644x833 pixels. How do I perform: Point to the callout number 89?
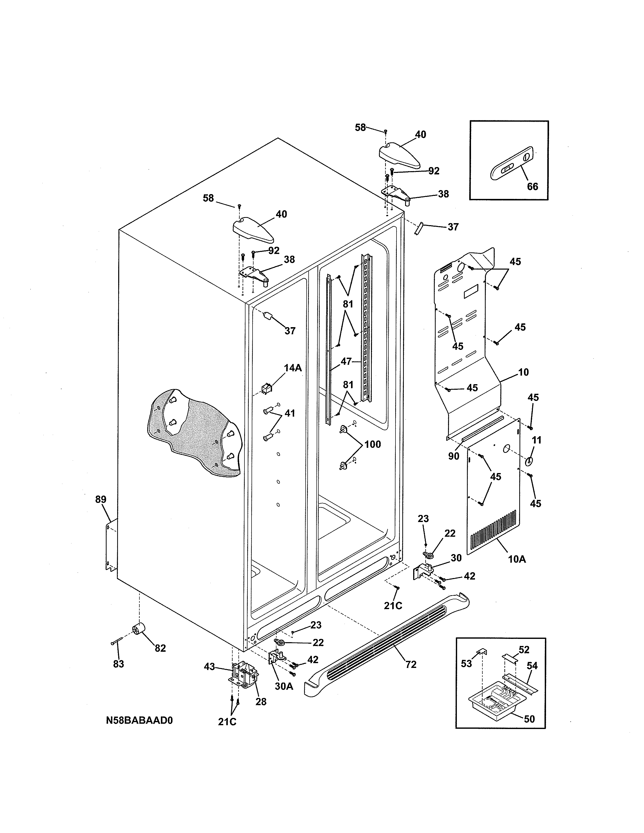101,499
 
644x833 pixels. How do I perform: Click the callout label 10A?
517,559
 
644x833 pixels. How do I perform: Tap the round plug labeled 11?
529,461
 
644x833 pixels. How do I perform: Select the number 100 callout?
372,444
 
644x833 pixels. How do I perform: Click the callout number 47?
346,361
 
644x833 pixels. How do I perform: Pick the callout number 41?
290,413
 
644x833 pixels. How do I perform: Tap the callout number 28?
261,701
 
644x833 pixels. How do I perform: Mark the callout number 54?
532,666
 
